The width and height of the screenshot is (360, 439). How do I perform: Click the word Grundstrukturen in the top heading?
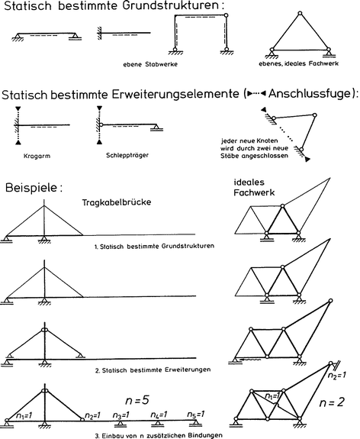pyautogui.click(x=172, y=9)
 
